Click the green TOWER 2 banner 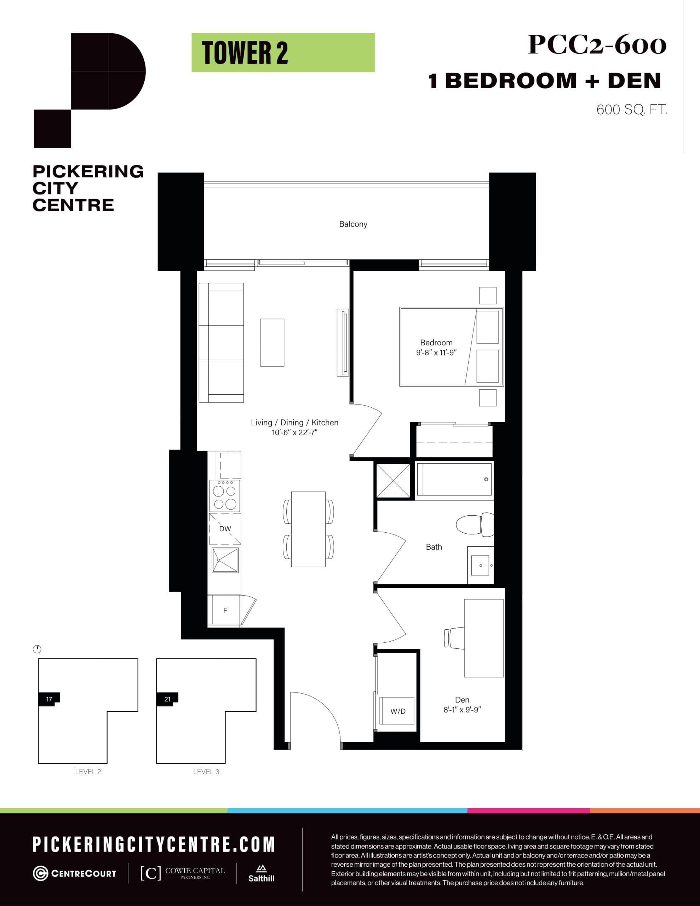(283, 53)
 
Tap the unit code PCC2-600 (597, 45)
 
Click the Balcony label (353, 224)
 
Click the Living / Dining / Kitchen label (294, 422)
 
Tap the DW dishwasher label (225, 528)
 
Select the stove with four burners (224, 496)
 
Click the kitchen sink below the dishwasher (225, 560)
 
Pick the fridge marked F (224, 610)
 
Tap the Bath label (434, 547)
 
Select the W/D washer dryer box (397, 711)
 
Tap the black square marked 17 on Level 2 (49, 699)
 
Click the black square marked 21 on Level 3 (167, 699)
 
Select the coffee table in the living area (272, 343)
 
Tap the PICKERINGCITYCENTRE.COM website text (154, 844)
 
